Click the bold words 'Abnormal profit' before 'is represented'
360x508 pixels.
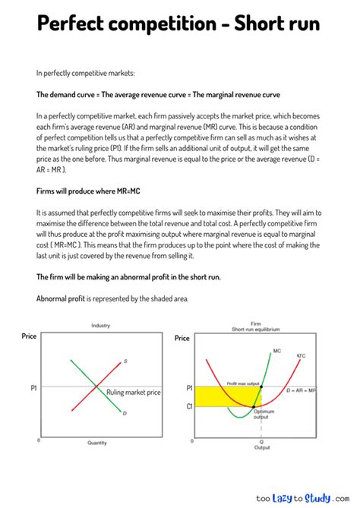click(x=61, y=298)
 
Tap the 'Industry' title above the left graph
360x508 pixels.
click(x=101, y=325)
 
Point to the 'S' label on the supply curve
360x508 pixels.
click(x=125, y=361)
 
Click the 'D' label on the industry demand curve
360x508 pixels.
click(x=125, y=413)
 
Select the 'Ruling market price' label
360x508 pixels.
click(x=134, y=392)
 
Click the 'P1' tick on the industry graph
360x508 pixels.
click(x=33, y=387)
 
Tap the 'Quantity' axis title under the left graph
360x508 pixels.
click(x=96, y=443)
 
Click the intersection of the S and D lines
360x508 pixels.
click(x=96, y=387)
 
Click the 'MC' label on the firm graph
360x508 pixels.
click(x=277, y=352)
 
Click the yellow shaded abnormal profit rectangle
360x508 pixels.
click(x=220, y=395)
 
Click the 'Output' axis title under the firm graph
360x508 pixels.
click(x=261, y=447)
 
